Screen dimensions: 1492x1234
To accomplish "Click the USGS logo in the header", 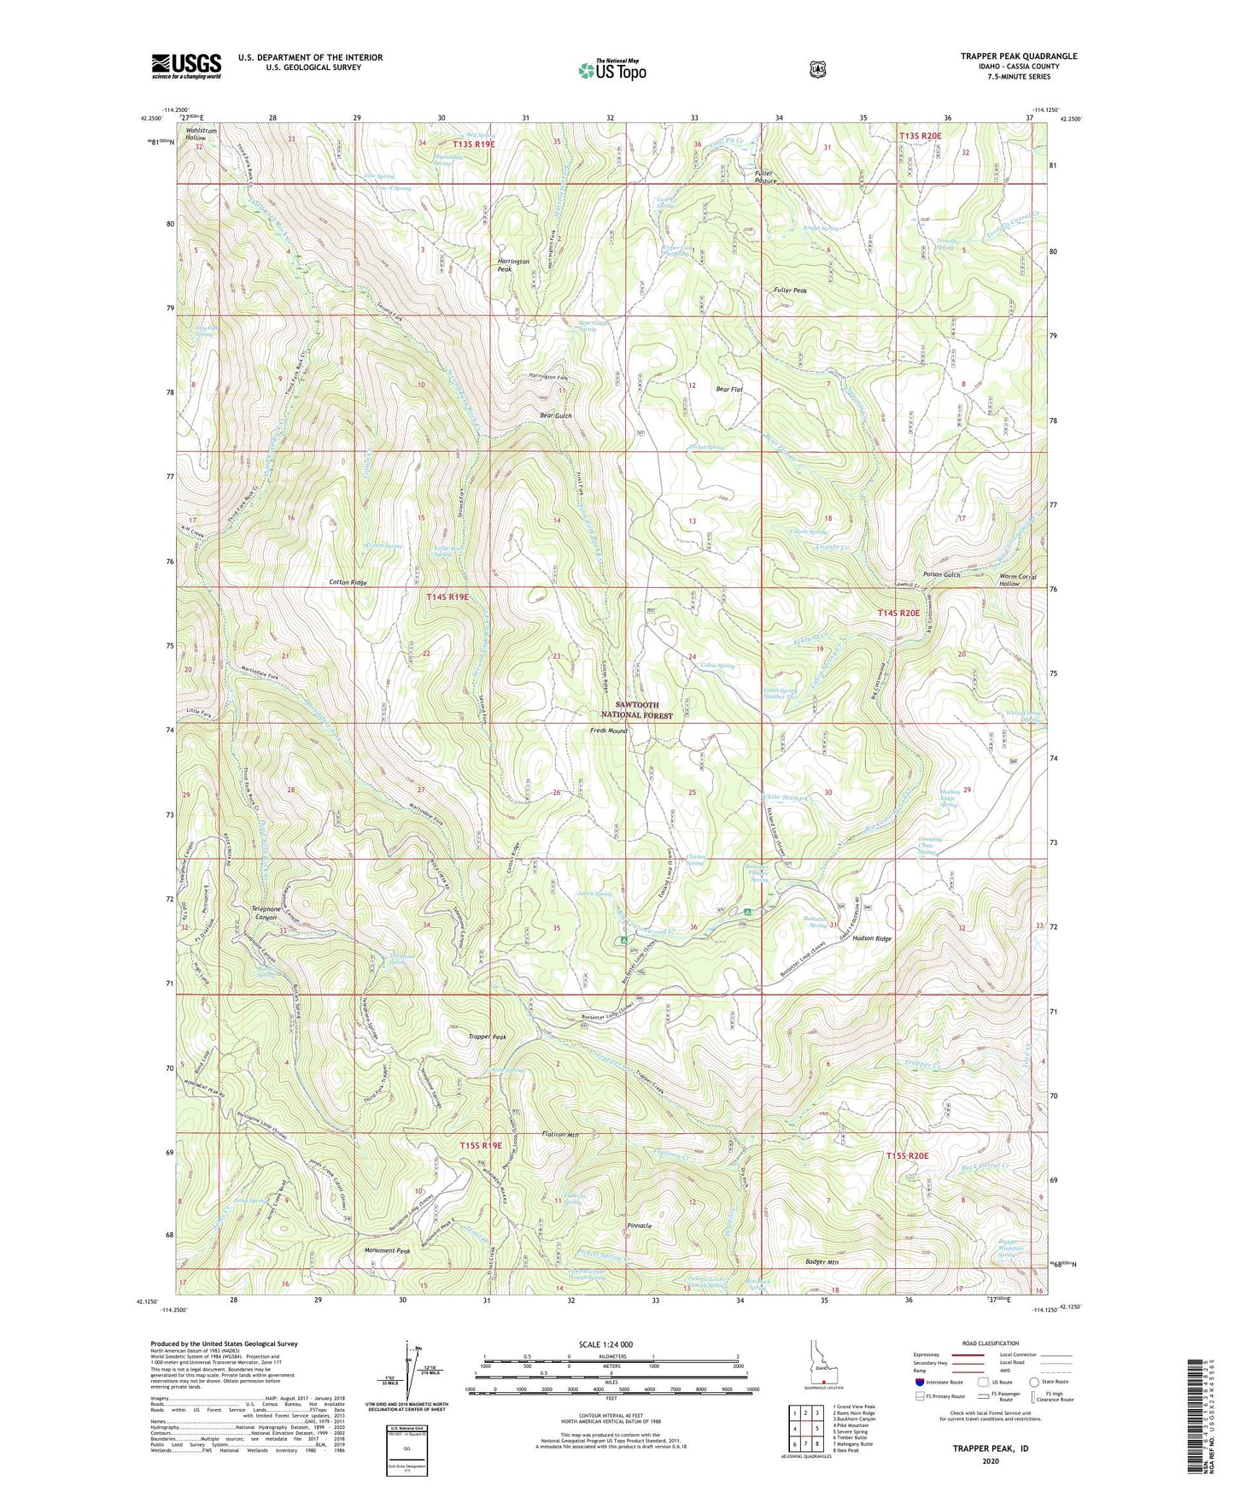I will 186,66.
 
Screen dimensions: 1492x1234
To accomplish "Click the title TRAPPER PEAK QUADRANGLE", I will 1018,56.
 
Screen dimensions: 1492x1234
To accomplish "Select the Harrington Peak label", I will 513,265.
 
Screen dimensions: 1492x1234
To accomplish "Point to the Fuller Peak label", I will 790,291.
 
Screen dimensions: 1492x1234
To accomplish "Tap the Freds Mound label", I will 609,731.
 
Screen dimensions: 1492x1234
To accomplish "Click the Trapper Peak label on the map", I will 487,1037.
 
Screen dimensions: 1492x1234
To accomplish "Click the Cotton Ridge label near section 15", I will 348,582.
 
